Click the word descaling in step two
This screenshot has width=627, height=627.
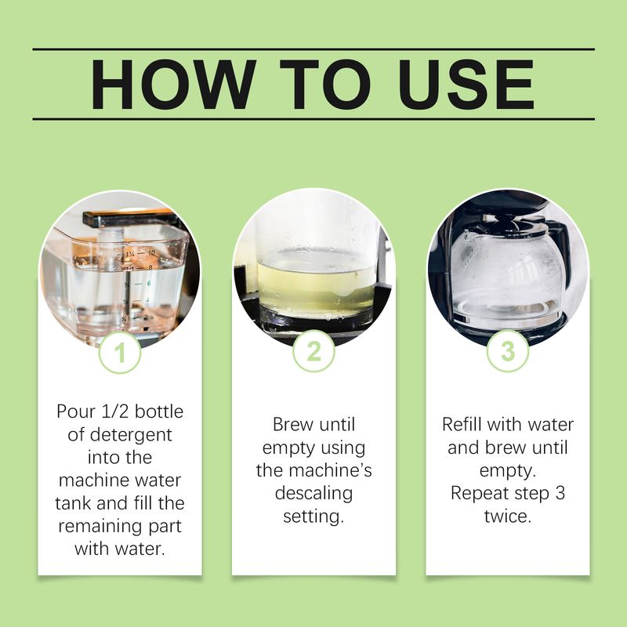click(x=313, y=494)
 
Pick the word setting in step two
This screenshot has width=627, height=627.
click(x=313, y=516)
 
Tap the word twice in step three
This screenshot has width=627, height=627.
click(x=507, y=516)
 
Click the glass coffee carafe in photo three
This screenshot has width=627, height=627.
click(x=507, y=270)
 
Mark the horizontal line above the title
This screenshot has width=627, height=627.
click(x=313, y=49)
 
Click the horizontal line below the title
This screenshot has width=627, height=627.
click(x=313, y=119)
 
